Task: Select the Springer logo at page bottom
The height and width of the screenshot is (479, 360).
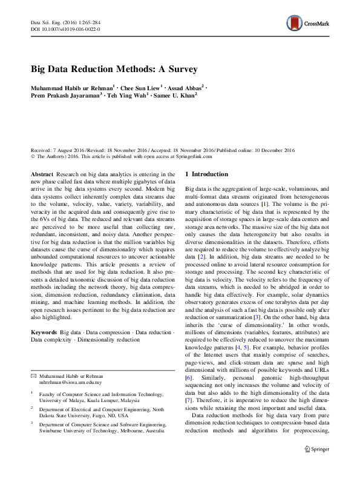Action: coord(316,466)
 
